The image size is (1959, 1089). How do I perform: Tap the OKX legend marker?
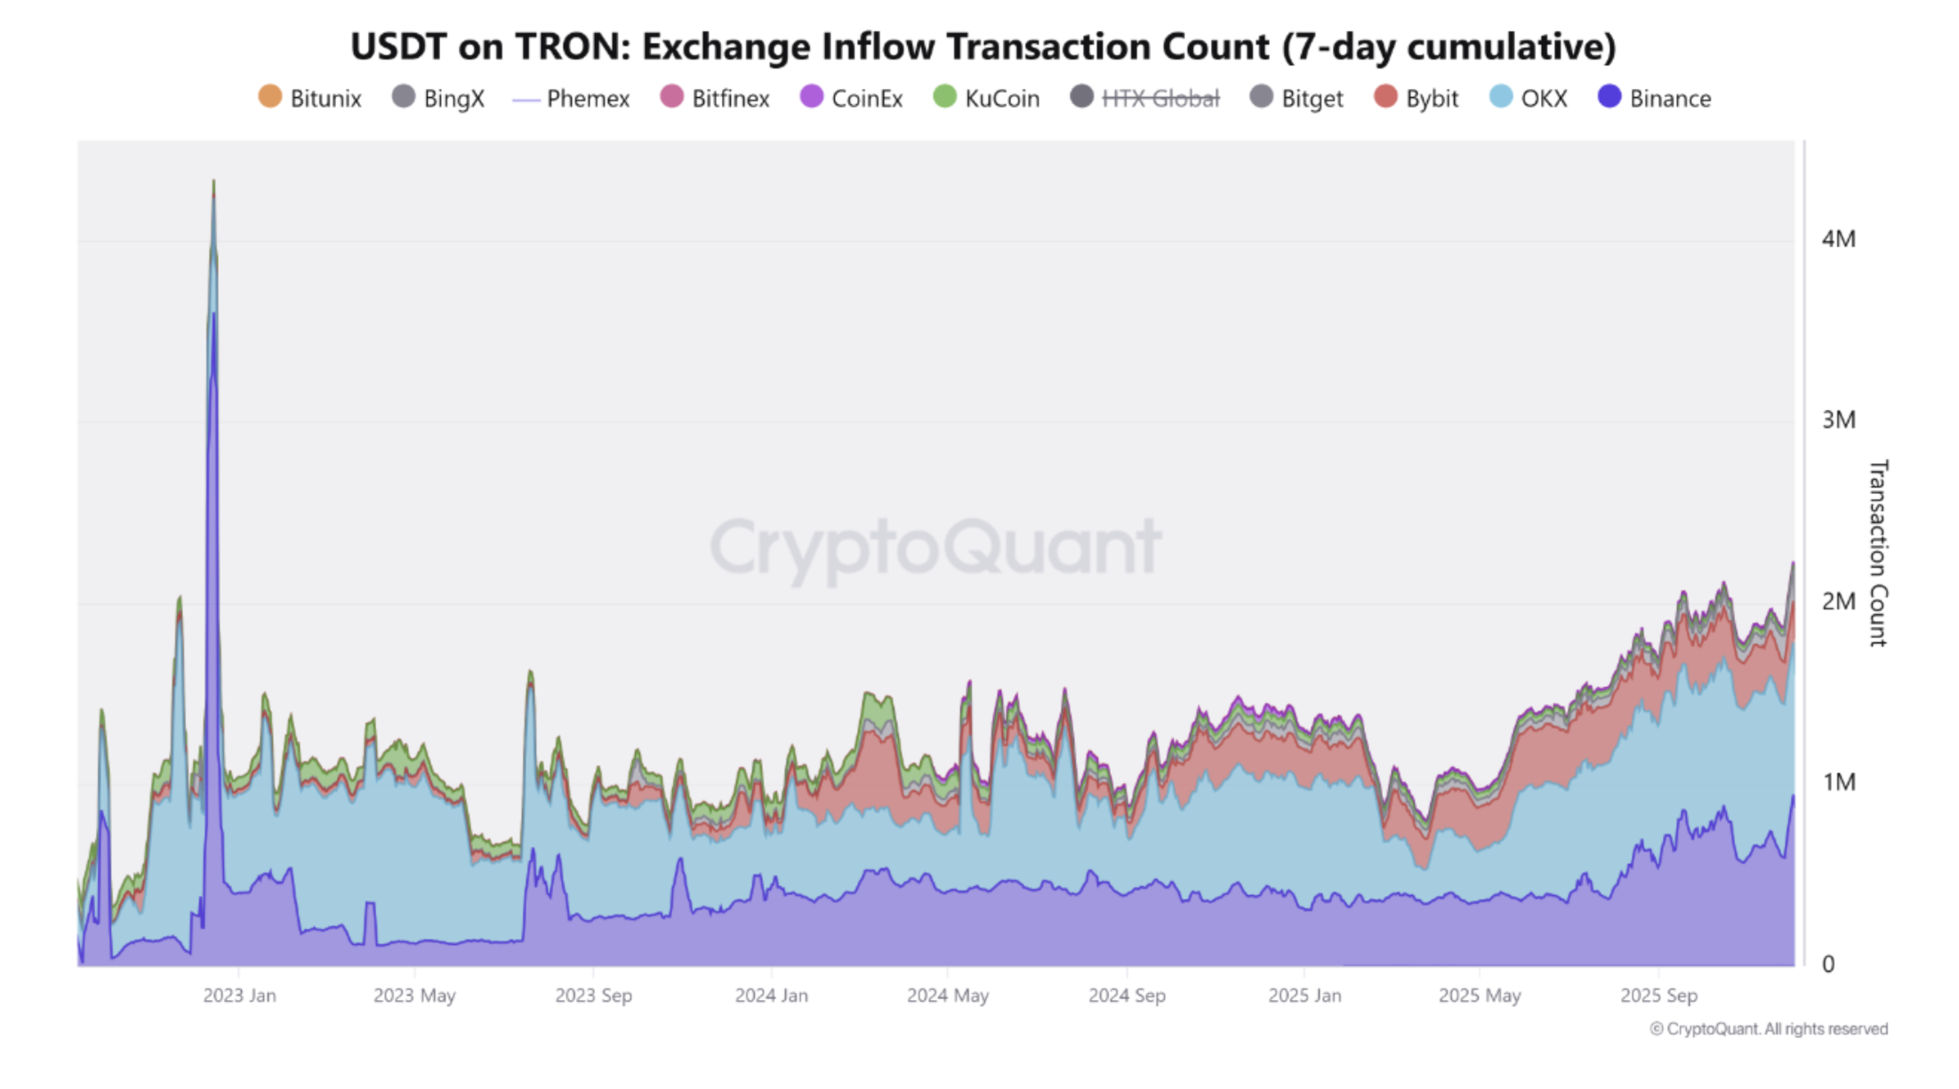tap(1500, 97)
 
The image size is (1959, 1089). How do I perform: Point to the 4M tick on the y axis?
tap(1838, 239)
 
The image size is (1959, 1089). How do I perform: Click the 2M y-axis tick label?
tap(1838, 601)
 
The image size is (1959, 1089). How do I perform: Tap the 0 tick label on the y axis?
tap(1828, 964)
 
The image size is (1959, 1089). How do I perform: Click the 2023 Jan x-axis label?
tap(239, 996)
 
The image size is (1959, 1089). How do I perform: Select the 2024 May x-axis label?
tap(947, 996)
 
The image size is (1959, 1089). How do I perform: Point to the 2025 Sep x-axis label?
tap(1658, 996)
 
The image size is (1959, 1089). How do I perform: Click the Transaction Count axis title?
tap(1877, 553)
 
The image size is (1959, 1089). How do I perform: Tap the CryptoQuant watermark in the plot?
tap(935, 546)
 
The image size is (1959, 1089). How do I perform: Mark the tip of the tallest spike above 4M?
tap(213, 181)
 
